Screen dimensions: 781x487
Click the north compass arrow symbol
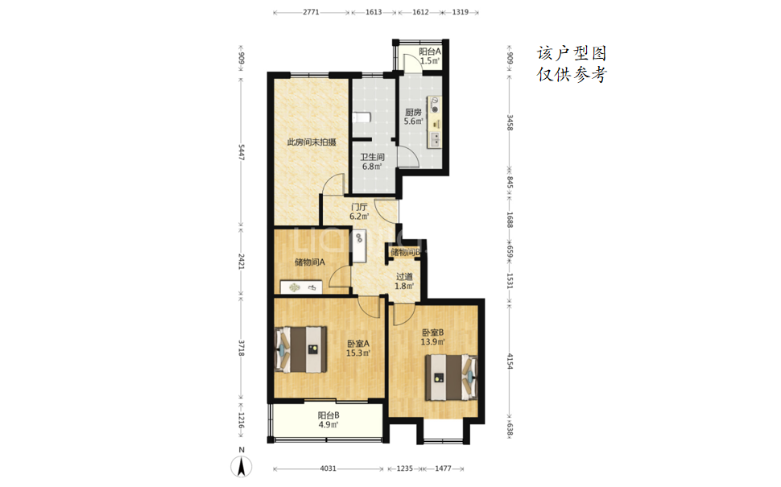click(x=242, y=467)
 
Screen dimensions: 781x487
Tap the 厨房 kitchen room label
click(x=413, y=112)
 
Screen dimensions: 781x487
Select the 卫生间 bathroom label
click(x=373, y=157)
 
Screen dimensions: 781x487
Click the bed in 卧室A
click(x=301, y=349)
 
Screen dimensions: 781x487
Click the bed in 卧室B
click(x=451, y=377)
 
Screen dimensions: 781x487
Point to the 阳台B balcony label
click(x=329, y=415)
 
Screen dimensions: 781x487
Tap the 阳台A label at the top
click(x=429, y=52)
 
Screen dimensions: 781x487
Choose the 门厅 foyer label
click(x=359, y=207)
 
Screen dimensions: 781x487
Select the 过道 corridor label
click(x=404, y=276)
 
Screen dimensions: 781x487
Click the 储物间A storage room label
click(x=310, y=262)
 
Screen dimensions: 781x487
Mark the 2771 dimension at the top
click(x=311, y=12)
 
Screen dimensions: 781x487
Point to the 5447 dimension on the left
click(x=241, y=152)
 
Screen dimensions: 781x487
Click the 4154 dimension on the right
click(x=510, y=361)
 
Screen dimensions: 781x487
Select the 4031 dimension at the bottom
click(x=328, y=468)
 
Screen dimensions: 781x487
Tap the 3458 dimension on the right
click(x=510, y=122)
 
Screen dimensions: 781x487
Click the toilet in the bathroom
click(x=362, y=118)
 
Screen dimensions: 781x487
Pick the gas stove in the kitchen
click(x=435, y=105)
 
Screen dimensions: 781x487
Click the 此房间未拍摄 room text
click(x=312, y=142)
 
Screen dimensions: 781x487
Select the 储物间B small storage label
click(x=405, y=252)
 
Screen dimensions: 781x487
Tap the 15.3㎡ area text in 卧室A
click(x=358, y=353)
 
